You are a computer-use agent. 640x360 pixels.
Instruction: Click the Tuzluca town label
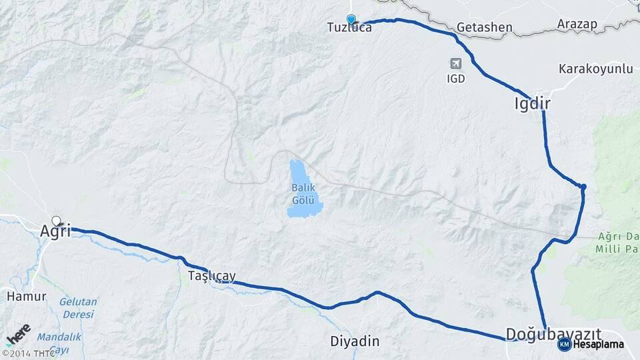[x=349, y=28]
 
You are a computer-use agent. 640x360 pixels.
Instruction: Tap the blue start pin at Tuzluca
[x=351, y=19]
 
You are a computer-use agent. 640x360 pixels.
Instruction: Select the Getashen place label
[x=485, y=28]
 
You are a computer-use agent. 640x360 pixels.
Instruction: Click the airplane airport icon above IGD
[x=456, y=64]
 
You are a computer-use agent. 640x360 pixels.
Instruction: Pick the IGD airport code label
[x=456, y=79]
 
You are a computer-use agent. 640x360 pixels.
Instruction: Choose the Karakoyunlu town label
[x=586, y=69]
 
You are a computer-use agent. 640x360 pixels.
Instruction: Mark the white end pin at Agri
[x=56, y=220]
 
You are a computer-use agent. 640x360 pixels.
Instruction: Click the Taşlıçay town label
[x=211, y=275]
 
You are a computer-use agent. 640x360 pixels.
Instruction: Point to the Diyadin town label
[x=355, y=341]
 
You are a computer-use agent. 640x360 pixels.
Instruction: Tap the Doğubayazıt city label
[x=553, y=333]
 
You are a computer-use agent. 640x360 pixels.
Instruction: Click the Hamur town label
[x=26, y=295]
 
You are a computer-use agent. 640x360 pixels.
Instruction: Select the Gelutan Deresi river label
[x=78, y=308]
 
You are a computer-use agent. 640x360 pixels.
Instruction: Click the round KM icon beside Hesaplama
[x=564, y=345]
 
